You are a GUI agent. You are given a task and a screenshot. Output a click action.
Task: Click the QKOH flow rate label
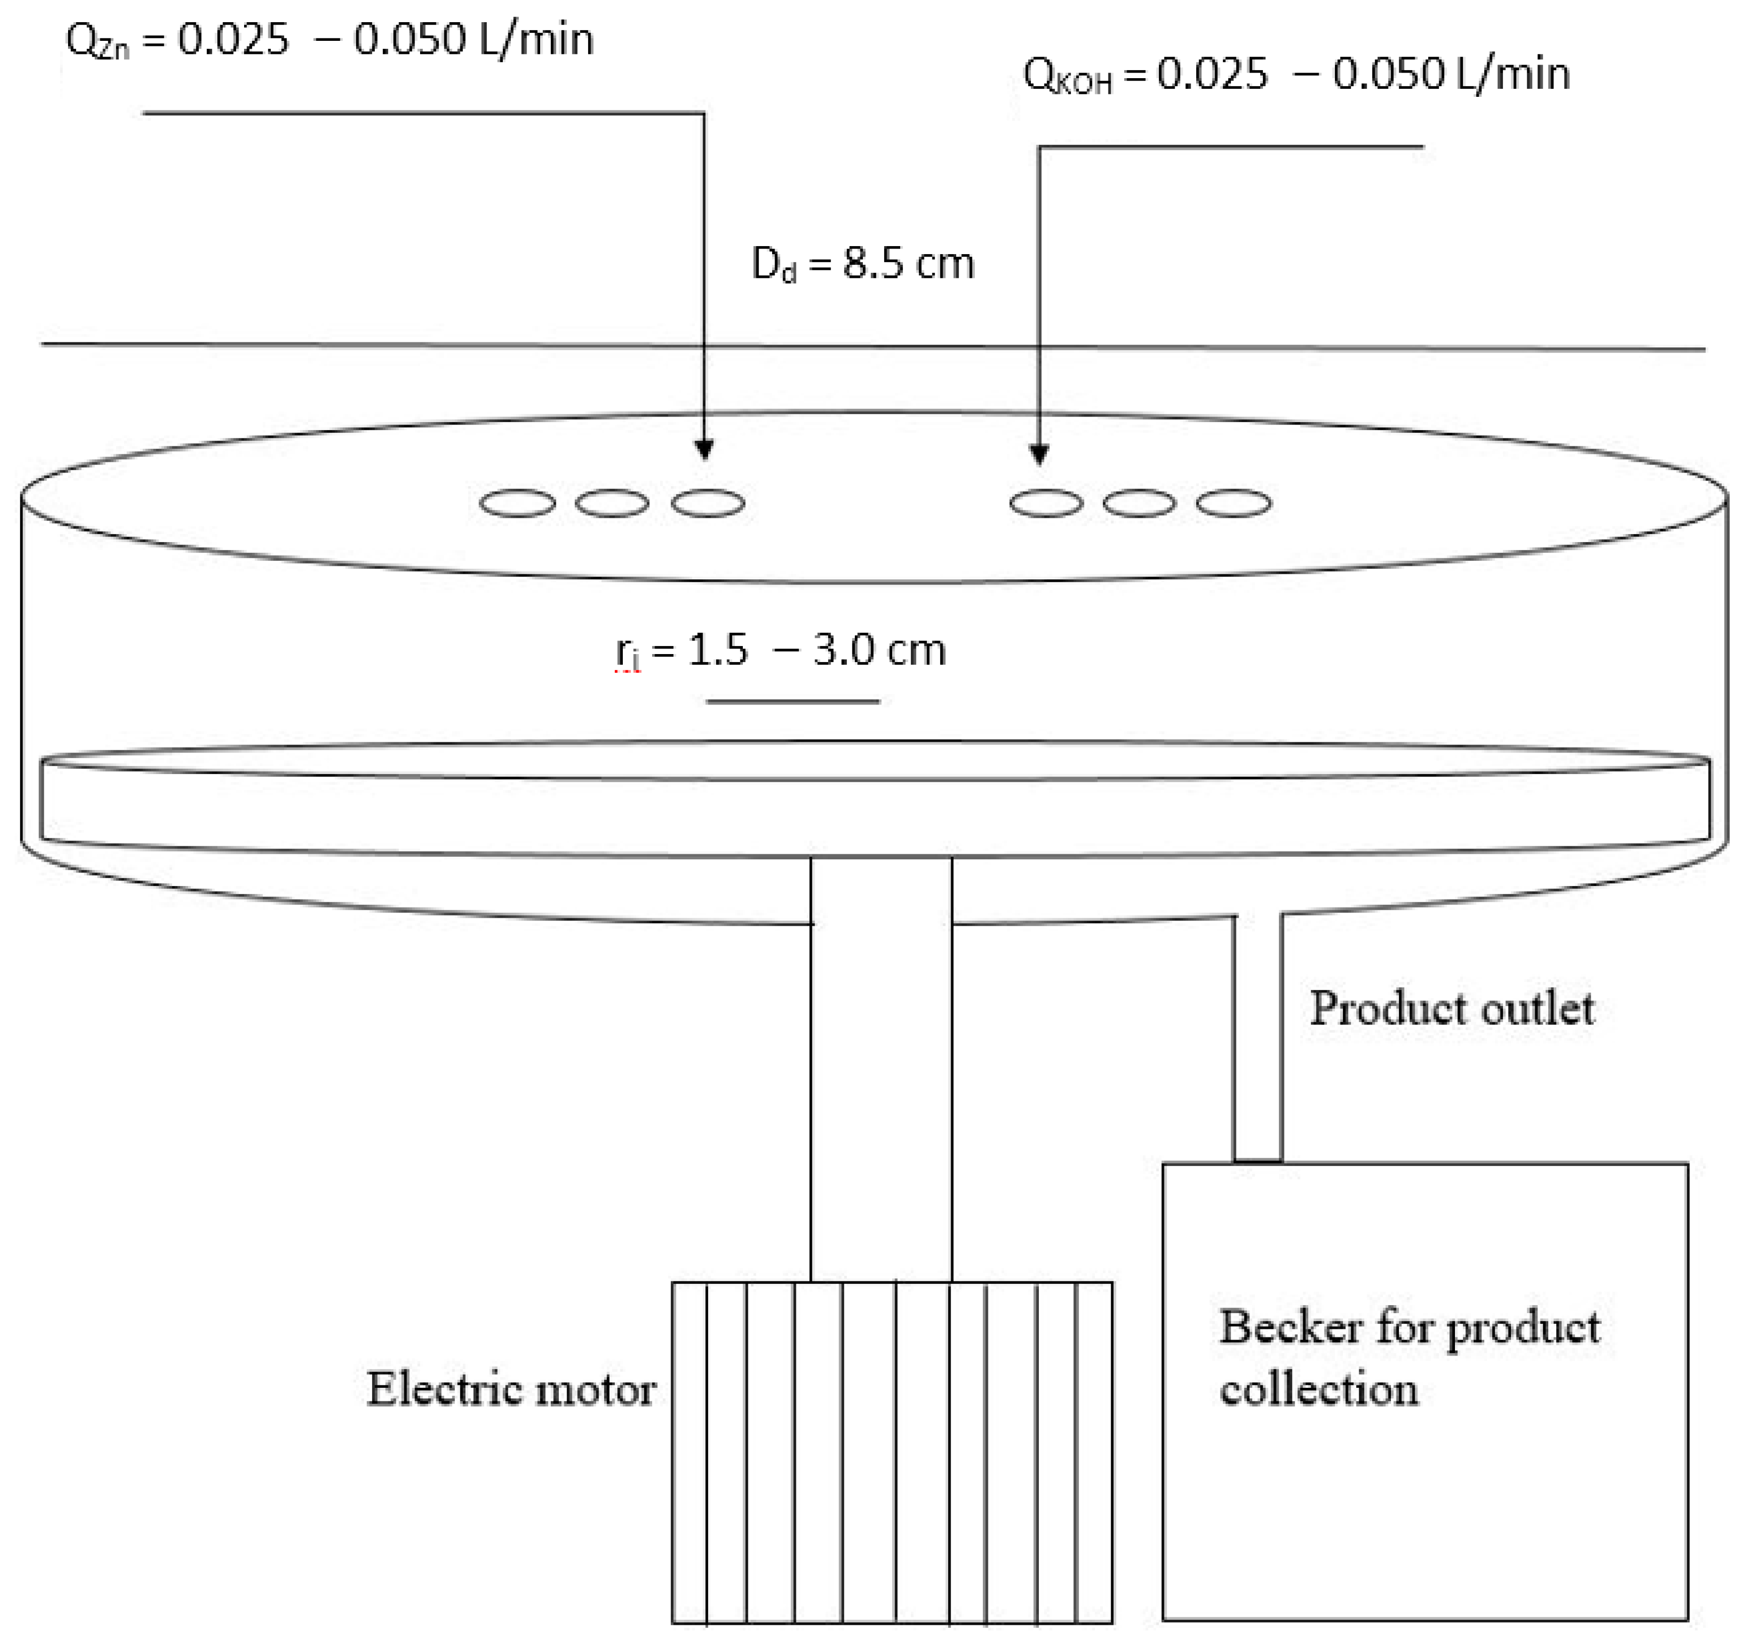pyautogui.click(x=1296, y=75)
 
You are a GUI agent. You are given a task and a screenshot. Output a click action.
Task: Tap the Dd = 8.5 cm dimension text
pyautogui.click(x=863, y=264)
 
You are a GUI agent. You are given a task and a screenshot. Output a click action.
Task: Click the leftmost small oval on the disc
pyautogui.click(x=517, y=503)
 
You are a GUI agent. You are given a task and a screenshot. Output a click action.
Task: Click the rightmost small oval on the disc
pyautogui.click(x=1233, y=503)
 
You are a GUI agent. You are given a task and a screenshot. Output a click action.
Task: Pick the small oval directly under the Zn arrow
pyautogui.click(x=708, y=503)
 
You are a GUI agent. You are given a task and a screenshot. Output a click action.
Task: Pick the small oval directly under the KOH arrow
pyautogui.click(x=1046, y=503)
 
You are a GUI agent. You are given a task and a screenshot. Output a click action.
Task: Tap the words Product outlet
pyautogui.click(x=1451, y=1009)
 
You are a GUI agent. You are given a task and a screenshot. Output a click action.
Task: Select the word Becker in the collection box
pyautogui.click(x=1290, y=1327)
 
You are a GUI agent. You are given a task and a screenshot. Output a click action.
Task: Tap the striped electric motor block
pyautogui.click(x=892, y=1452)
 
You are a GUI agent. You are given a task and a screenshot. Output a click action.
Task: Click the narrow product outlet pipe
pyautogui.click(x=1257, y=1038)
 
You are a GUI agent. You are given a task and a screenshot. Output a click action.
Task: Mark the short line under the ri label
pyautogui.click(x=792, y=701)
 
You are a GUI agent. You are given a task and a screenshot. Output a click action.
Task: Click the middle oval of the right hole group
pyautogui.click(x=1139, y=503)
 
